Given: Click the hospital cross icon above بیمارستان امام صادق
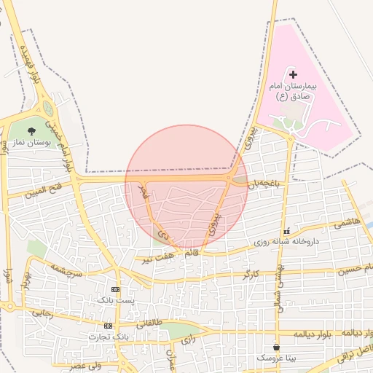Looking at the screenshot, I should pos(293,74).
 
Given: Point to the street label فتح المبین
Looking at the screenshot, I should pos(47,190).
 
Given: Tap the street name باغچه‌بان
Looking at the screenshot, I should pos(263,185).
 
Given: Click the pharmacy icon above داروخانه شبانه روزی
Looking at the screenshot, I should pos(286,230).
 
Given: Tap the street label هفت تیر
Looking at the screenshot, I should pos(158,258).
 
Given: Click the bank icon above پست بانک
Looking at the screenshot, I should pos(115,289).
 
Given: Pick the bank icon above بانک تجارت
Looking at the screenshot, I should pos(108,326).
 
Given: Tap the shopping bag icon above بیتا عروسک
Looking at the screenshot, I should pos(275,347).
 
